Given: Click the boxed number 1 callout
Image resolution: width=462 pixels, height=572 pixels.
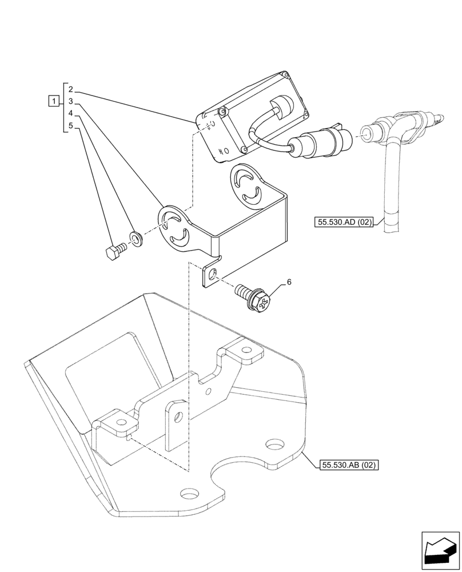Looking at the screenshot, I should [53, 102].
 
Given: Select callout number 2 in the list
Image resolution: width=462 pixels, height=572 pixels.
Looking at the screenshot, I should [70, 89].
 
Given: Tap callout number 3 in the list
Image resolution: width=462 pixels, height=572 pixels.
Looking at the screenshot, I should [70, 101].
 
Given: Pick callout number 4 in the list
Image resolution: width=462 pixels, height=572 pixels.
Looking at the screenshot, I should [70, 113].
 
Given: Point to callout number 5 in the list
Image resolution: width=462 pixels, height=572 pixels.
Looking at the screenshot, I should [70, 125].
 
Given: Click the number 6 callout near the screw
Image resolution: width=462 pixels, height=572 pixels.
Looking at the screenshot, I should [289, 282].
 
